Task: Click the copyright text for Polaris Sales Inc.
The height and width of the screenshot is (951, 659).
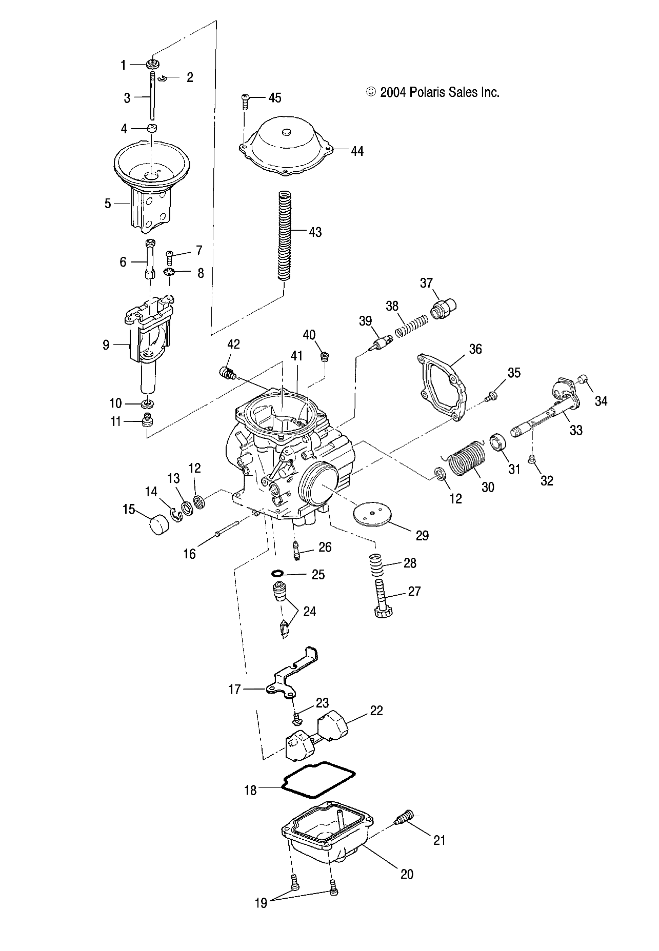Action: click(x=432, y=92)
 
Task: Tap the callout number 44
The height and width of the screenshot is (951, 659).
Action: click(x=357, y=151)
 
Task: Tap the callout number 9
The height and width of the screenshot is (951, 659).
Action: click(x=106, y=345)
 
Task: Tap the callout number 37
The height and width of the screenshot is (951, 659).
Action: click(x=427, y=283)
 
